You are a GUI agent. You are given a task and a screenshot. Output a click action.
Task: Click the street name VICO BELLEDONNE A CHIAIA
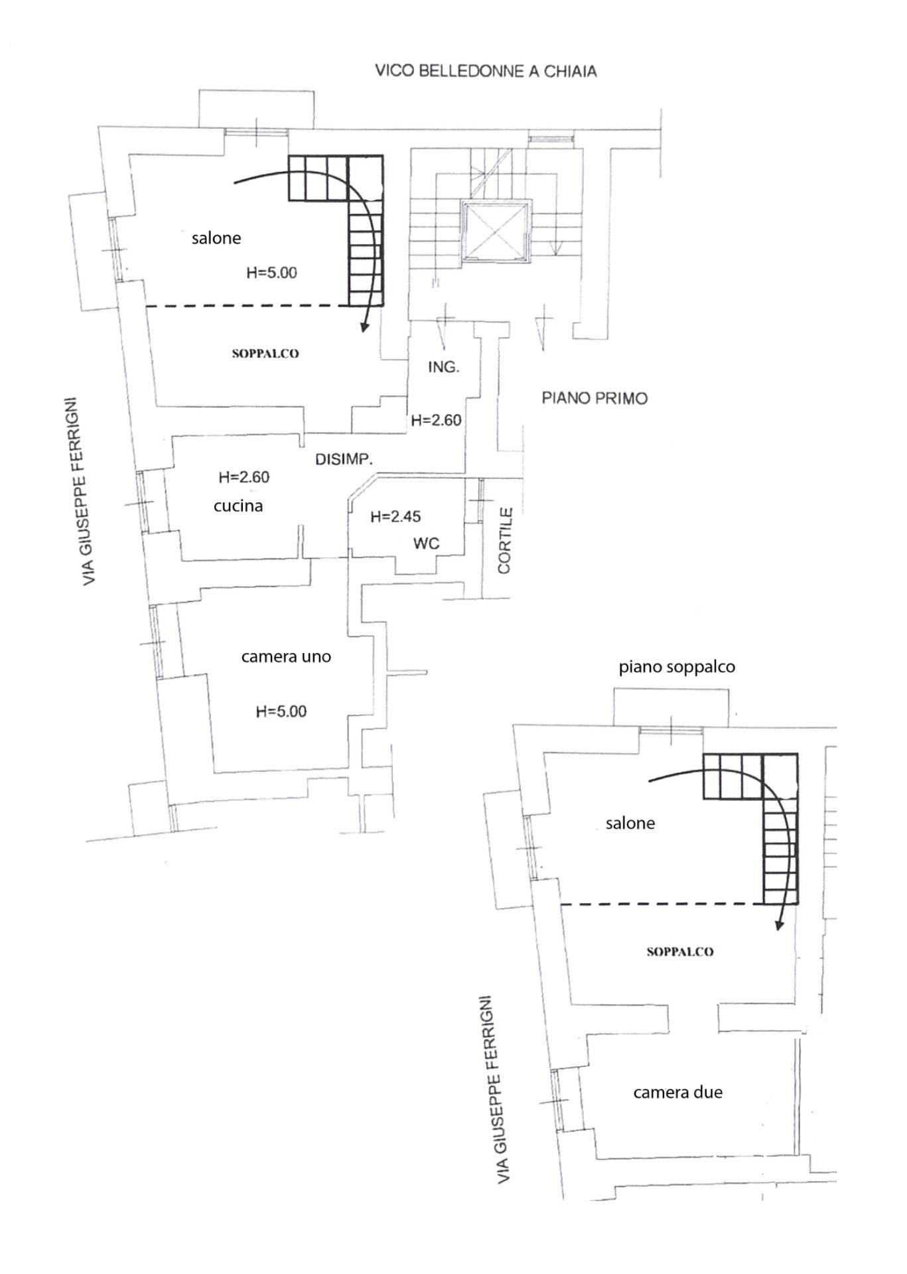click(486, 71)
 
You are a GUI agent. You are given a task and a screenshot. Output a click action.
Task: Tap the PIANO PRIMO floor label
click(594, 398)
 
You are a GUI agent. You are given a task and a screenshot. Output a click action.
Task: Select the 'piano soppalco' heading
click(677, 667)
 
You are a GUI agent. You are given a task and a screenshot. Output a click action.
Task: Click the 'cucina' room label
click(238, 506)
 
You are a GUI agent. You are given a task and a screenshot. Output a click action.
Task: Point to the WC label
click(426, 543)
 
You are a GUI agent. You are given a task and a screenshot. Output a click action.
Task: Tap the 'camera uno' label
click(286, 657)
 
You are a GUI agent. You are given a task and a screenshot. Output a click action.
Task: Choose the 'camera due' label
click(677, 1092)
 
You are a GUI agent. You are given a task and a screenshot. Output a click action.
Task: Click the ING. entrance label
click(443, 366)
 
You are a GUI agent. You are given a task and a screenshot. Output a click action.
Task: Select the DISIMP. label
click(344, 459)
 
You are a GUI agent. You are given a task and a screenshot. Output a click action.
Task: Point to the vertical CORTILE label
click(505, 541)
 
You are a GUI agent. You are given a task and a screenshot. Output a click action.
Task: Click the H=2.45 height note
click(395, 516)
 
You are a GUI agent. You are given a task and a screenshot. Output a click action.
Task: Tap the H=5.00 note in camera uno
click(281, 711)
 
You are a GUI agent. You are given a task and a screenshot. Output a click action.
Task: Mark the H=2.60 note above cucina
click(244, 477)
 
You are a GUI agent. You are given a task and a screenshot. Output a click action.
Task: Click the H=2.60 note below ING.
click(436, 420)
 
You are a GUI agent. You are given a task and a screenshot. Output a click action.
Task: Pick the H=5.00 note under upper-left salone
click(272, 273)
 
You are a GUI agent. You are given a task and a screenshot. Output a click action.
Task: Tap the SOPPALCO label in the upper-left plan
click(265, 354)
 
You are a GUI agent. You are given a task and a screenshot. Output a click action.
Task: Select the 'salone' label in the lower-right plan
click(630, 823)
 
